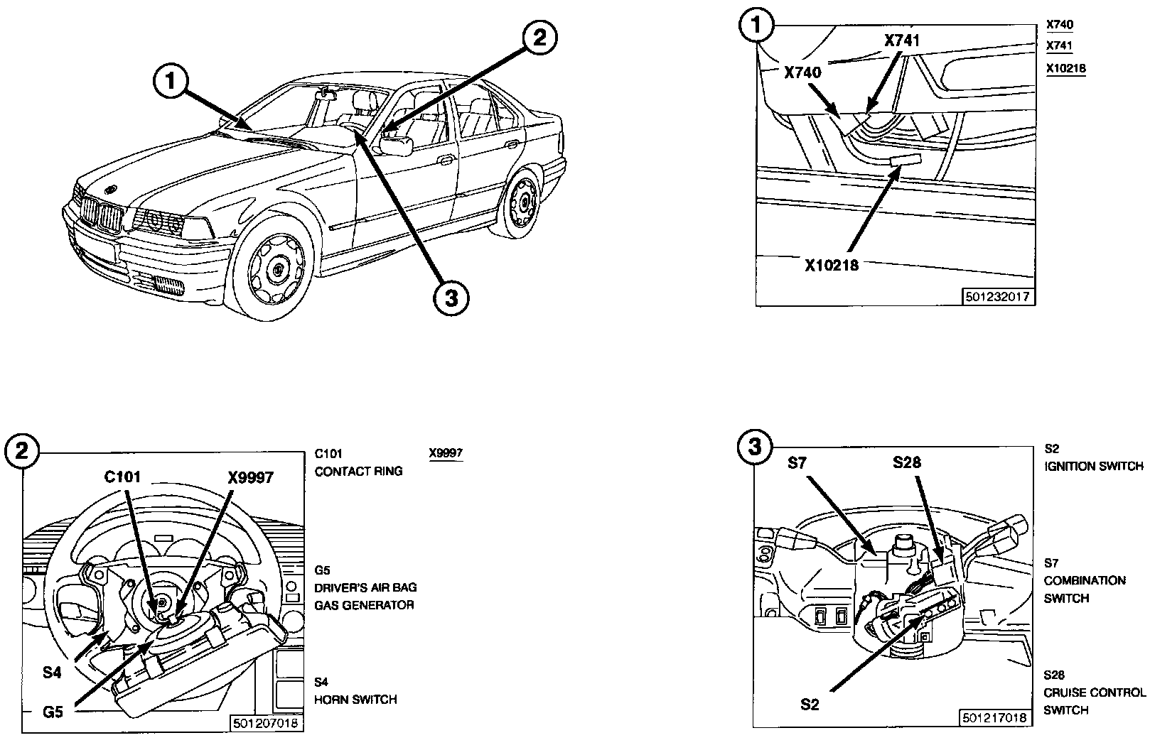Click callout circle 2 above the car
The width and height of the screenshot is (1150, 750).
click(539, 38)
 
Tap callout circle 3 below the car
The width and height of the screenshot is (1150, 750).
click(451, 298)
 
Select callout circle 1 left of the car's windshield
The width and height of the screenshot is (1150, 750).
click(171, 81)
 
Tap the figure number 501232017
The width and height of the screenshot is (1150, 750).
click(997, 297)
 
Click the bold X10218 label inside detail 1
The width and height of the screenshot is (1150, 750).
click(831, 265)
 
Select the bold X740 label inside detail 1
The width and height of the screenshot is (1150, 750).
click(802, 72)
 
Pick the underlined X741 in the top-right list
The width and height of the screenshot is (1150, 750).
click(1059, 45)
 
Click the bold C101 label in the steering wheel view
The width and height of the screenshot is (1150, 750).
click(122, 477)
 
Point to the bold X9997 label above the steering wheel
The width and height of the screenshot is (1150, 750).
click(250, 477)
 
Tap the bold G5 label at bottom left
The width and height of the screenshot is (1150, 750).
click(53, 712)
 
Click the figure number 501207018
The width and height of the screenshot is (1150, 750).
click(265, 723)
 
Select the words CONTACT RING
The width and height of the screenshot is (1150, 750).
click(358, 471)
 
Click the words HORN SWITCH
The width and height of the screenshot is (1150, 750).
click(355, 699)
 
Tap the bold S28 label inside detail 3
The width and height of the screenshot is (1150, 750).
click(907, 462)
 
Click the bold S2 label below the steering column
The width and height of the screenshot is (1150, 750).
click(810, 705)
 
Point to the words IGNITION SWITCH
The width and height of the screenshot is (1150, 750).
click(1094, 467)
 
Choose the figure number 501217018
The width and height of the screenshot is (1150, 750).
click(994, 717)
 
